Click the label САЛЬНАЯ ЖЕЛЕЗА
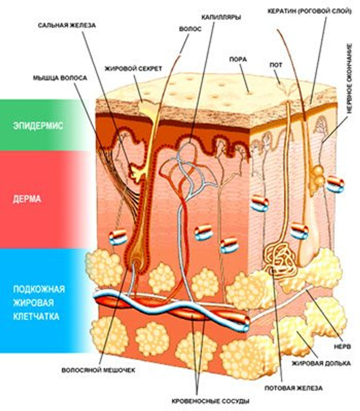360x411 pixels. click(66, 25)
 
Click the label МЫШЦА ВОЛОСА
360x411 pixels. click(60, 77)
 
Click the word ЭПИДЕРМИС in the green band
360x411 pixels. click(38, 125)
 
